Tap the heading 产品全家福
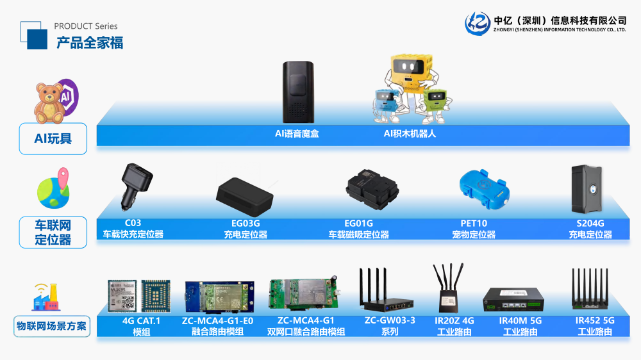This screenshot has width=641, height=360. click(89, 43)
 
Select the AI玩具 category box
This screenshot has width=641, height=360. click(53, 138)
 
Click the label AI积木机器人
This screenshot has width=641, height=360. click(410, 134)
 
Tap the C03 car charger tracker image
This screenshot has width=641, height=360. click(136, 182)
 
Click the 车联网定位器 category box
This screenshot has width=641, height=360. click(53, 233)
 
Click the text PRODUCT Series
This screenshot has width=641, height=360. click(86, 26)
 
